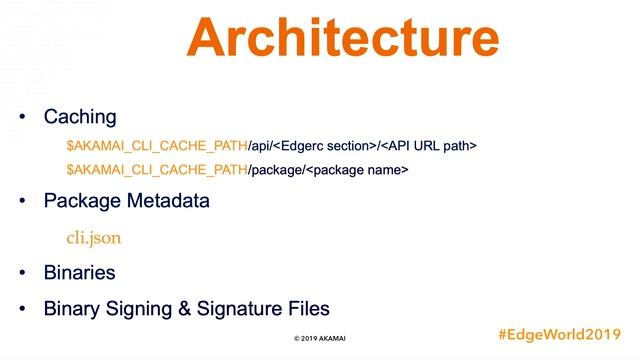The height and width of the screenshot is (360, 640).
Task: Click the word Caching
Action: click(80, 118)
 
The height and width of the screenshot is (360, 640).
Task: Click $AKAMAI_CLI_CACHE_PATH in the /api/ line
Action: click(156, 146)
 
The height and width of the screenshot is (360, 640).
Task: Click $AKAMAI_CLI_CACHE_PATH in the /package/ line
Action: click(156, 171)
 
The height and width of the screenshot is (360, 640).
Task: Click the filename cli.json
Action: click(93, 238)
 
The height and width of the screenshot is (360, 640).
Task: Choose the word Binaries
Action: click(79, 272)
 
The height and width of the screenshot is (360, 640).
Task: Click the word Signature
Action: click(238, 309)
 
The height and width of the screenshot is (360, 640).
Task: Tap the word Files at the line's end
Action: click(308, 309)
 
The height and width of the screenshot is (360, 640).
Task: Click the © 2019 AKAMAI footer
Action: click(321, 339)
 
